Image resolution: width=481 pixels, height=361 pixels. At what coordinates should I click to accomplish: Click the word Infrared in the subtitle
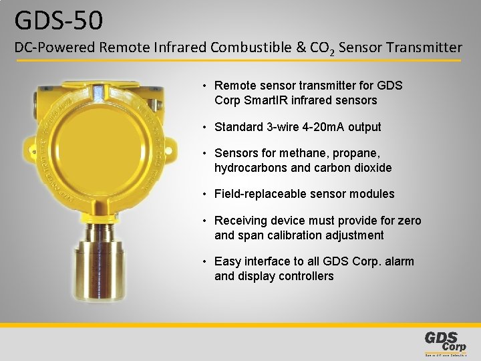180,47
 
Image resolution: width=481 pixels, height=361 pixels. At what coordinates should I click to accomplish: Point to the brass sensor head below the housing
107,267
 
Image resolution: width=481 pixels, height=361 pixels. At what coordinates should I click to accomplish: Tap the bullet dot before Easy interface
207,261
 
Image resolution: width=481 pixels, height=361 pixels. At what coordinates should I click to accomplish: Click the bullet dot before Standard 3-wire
207,127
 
